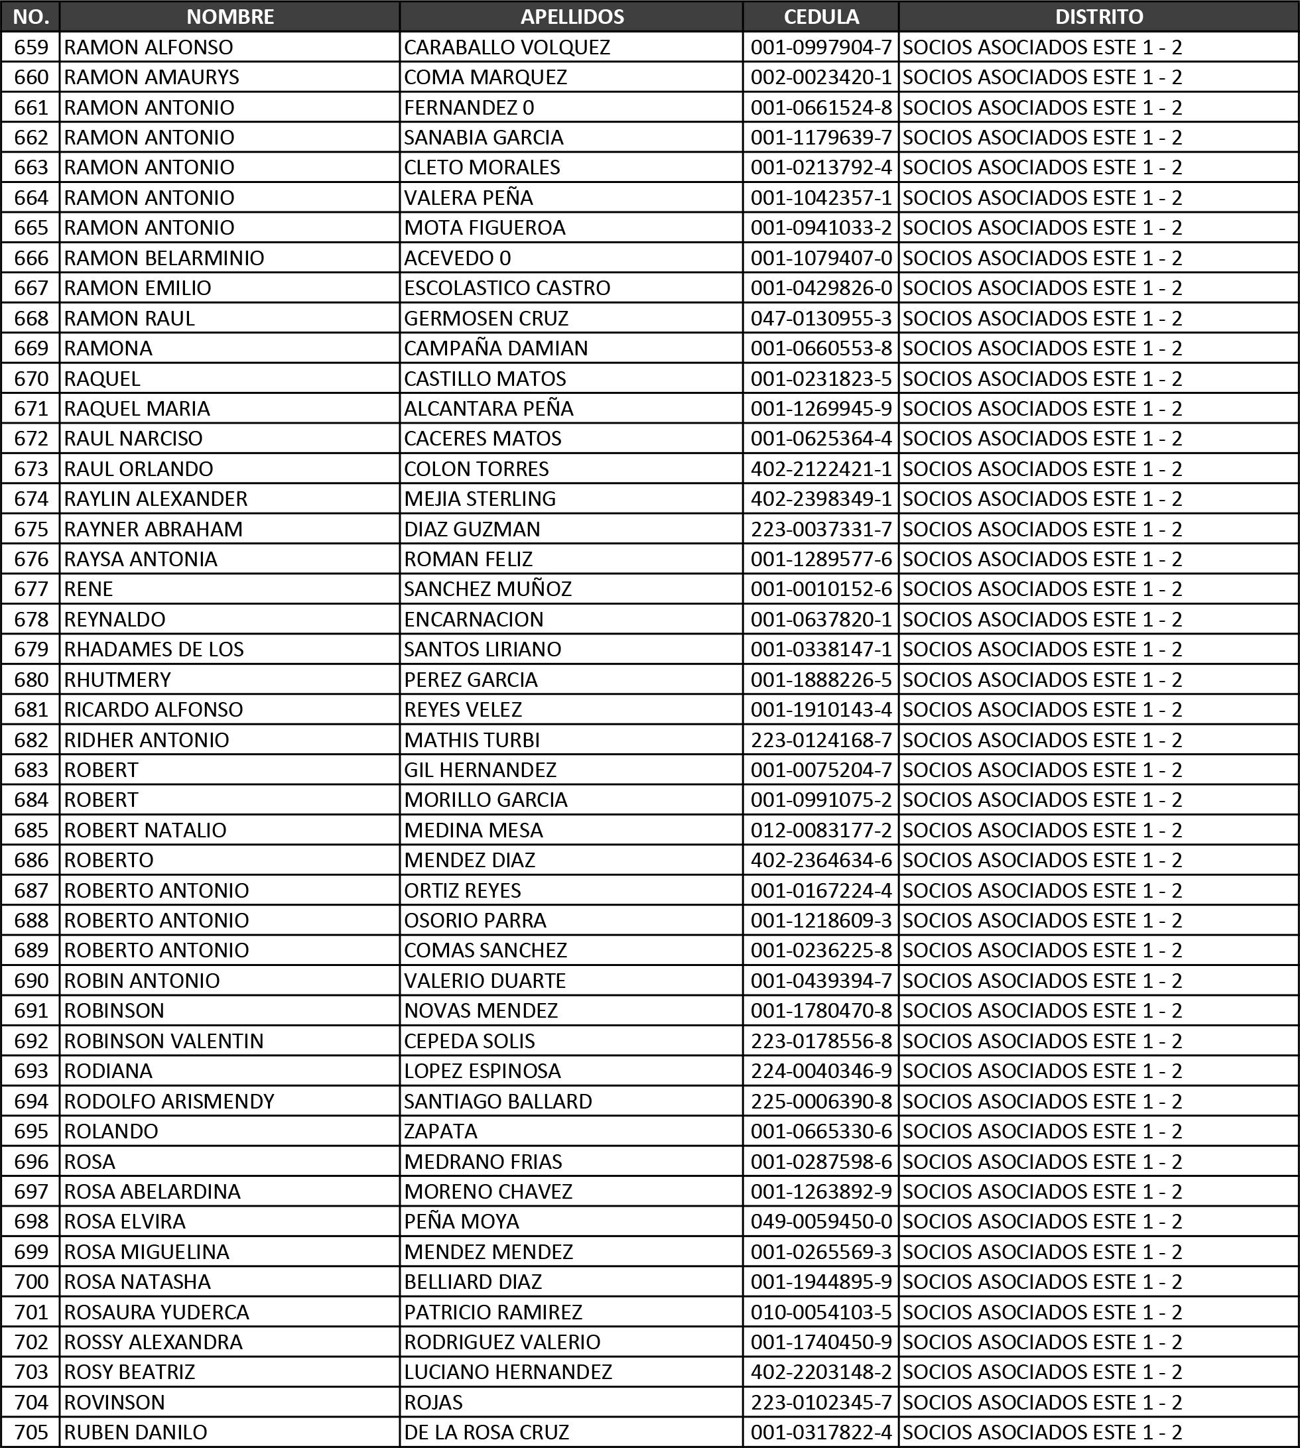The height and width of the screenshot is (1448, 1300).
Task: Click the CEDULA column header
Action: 820,17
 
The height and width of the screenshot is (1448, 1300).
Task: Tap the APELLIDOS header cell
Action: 572,17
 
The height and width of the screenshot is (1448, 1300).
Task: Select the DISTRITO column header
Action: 1098,17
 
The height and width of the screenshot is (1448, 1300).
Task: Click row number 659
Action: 31,47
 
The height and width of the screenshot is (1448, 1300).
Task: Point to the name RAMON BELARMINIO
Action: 164,258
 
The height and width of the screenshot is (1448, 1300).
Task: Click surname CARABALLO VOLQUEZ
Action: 507,47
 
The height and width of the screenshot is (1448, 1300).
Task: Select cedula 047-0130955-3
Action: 820,318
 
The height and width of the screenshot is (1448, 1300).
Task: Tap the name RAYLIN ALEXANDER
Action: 156,499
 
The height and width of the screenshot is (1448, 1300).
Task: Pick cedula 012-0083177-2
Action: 820,829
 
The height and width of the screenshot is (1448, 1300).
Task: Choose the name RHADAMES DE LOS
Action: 154,649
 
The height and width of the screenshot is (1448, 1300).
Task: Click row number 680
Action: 31,679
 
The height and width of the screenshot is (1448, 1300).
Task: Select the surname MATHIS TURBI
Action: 472,740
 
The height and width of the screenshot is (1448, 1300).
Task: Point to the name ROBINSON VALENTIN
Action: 164,1040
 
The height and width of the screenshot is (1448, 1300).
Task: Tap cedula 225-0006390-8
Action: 820,1101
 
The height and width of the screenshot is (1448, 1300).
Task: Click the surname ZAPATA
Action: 440,1131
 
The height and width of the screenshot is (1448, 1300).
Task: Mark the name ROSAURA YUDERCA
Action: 157,1311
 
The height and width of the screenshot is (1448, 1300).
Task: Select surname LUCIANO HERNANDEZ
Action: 508,1372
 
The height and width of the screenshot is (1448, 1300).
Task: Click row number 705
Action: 31,1431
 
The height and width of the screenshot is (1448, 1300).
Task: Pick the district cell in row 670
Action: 1042,379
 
